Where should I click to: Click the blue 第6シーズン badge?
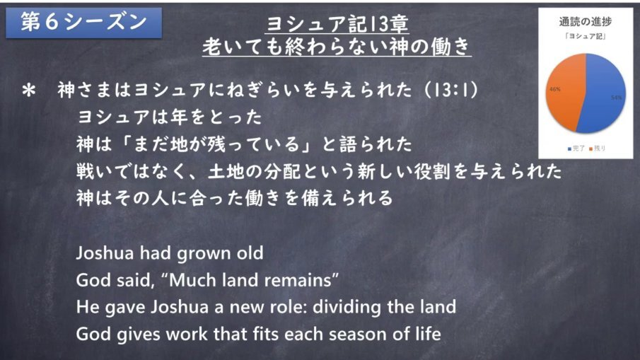83,23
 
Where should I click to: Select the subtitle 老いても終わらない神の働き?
337,47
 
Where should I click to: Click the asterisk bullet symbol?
29,91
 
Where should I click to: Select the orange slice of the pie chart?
565,92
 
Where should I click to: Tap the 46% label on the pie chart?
555,89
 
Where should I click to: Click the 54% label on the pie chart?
617,98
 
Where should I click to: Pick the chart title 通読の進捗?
586,22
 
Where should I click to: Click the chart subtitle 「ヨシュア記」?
586,36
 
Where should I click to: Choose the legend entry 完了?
576,149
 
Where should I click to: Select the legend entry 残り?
598,149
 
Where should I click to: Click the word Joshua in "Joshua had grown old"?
105,253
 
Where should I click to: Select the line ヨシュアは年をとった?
170,117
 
